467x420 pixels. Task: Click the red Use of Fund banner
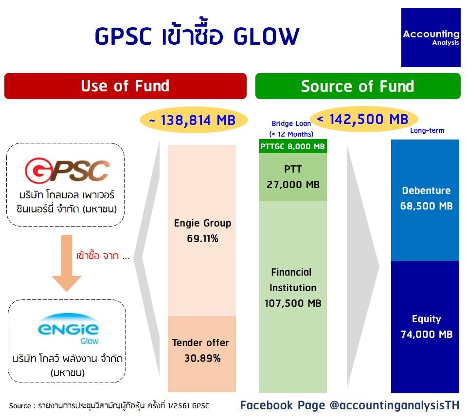coord(126,86)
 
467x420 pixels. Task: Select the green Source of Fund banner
coord(358,86)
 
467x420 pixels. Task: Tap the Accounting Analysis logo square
coord(431,37)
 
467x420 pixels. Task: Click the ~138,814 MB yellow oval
coord(194,120)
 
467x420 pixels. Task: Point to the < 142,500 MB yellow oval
coord(364,119)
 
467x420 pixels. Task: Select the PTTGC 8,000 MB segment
coord(293,146)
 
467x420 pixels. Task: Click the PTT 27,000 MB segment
coord(293,177)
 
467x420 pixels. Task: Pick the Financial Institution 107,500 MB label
coord(293,288)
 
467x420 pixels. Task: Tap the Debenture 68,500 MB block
coord(425,200)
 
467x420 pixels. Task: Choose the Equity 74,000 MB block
coord(425,327)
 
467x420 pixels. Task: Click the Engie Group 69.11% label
coord(202,231)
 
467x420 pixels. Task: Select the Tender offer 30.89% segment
coord(201,354)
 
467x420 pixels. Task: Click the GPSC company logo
coord(67,170)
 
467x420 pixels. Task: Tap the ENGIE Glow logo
coord(68,329)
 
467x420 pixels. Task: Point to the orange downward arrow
coord(67,263)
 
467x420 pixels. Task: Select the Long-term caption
coord(427,130)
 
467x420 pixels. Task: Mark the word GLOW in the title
coord(266,36)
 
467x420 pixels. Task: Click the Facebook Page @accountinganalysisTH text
coord(350,405)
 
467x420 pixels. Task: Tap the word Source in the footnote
coord(20,406)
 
